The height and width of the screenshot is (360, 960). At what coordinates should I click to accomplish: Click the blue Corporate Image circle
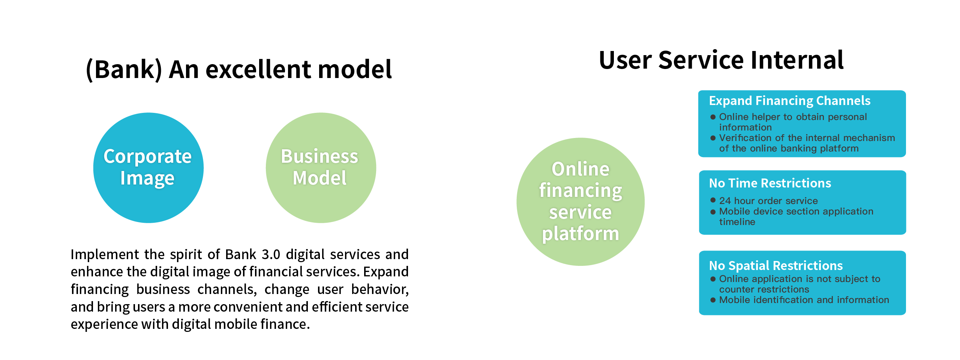[x=148, y=168]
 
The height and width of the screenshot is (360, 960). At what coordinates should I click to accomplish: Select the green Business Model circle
[x=321, y=168]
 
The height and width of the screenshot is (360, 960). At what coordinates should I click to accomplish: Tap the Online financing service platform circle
[x=580, y=202]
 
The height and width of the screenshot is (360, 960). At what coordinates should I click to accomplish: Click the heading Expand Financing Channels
[x=790, y=100]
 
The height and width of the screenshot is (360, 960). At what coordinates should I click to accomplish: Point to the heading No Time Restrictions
[x=770, y=183]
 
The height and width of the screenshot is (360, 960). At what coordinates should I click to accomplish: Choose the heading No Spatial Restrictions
[x=776, y=265]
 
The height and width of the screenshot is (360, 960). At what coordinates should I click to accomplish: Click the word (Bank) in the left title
[x=124, y=69]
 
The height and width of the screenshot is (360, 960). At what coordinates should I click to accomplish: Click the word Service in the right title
[x=701, y=60]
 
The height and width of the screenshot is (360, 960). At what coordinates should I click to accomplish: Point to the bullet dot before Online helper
[x=713, y=117]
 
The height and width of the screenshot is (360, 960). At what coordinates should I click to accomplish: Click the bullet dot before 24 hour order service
[x=713, y=200]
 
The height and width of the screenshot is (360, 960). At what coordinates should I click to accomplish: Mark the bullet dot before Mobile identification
[x=713, y=300]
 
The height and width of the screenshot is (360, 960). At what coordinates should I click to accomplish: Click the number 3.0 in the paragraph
[x=271, y=255]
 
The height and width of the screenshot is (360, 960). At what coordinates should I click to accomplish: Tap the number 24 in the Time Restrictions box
[x=725, y=201]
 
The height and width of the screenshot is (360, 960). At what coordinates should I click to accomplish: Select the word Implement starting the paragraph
[x=105, y=255]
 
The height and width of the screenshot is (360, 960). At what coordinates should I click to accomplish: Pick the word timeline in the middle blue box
[x=737, y=222]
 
